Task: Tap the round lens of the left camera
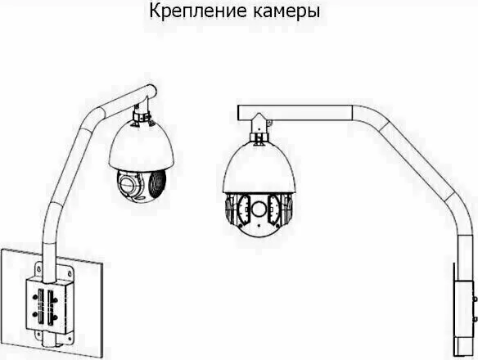pos(127,183)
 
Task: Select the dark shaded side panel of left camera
pos(157,183)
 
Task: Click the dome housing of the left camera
pos(142,147)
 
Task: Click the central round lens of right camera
pos(259,209)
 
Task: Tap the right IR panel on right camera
pos(273,210)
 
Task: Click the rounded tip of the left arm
pos(151,91)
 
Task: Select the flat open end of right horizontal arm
pos(238,112)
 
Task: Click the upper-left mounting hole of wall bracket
pos(39,269)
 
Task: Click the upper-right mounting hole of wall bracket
pos(70,273)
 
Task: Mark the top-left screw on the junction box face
pos(35,295)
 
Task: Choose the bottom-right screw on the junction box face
pos(55,318)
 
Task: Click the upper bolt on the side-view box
pos(475,299)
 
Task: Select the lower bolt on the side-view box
pos(475,319)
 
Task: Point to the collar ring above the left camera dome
pos(142,116)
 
